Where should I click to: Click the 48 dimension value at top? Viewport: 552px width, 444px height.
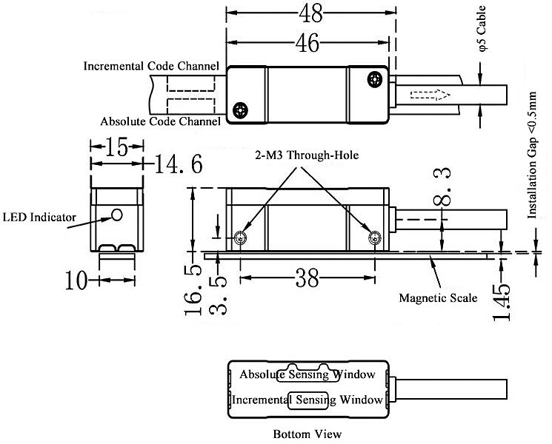coord(311,13)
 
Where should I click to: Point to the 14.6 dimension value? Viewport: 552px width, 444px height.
coord(178,164)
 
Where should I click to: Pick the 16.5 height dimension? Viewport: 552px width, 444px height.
coord(192,292)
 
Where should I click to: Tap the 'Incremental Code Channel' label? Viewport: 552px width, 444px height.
coord(151,66)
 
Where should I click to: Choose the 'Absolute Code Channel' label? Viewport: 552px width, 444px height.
coord(159,121)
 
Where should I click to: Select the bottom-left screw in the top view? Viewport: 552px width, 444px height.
coord(240,110)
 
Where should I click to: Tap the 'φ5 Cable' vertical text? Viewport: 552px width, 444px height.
coord(482,30)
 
